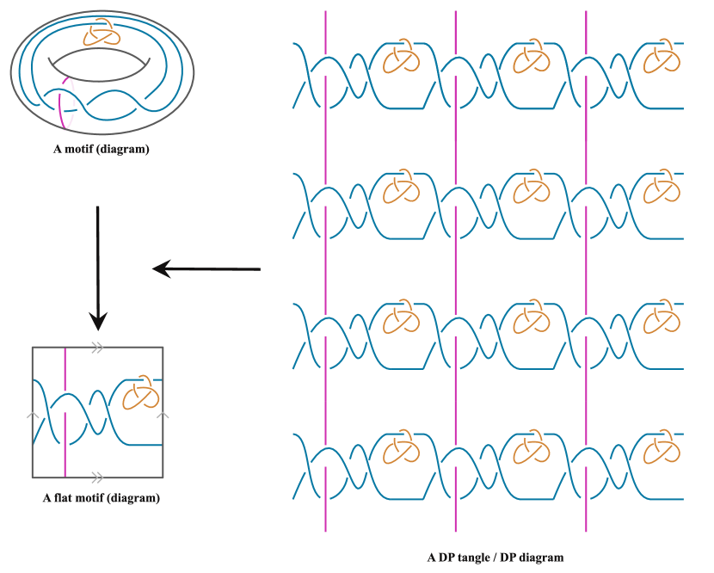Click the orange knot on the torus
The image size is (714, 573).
pyautogui.click(x=98, y=36)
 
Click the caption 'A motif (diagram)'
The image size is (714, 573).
pyautogui.click(x=100, y=149)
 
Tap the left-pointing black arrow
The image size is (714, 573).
pyautogui.click(x=206, y=269)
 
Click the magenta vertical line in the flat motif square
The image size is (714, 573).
pyautogui.click(x=65, y=413)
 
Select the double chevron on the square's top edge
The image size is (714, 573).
pyautogui.click(x=97, y=348)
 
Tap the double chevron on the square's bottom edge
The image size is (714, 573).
pyautogui.click(x=97, y=477)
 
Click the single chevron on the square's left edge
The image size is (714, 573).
pyautogui.click(x=33, y=416)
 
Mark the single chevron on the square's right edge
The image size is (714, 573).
pyautogui.click(x=163, y=416)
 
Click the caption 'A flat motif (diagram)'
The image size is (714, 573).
pyautogui.click(x=101, y=498)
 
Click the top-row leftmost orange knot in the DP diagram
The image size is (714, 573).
pyautogui.click(x=400, y=59)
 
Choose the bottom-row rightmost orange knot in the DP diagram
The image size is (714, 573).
pyautogui.click(x=663, y=449)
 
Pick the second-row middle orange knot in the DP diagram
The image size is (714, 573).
pyautogui.click(x=531, y=189)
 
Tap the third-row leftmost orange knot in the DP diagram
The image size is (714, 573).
pyautogui.click(x=400, y=320)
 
